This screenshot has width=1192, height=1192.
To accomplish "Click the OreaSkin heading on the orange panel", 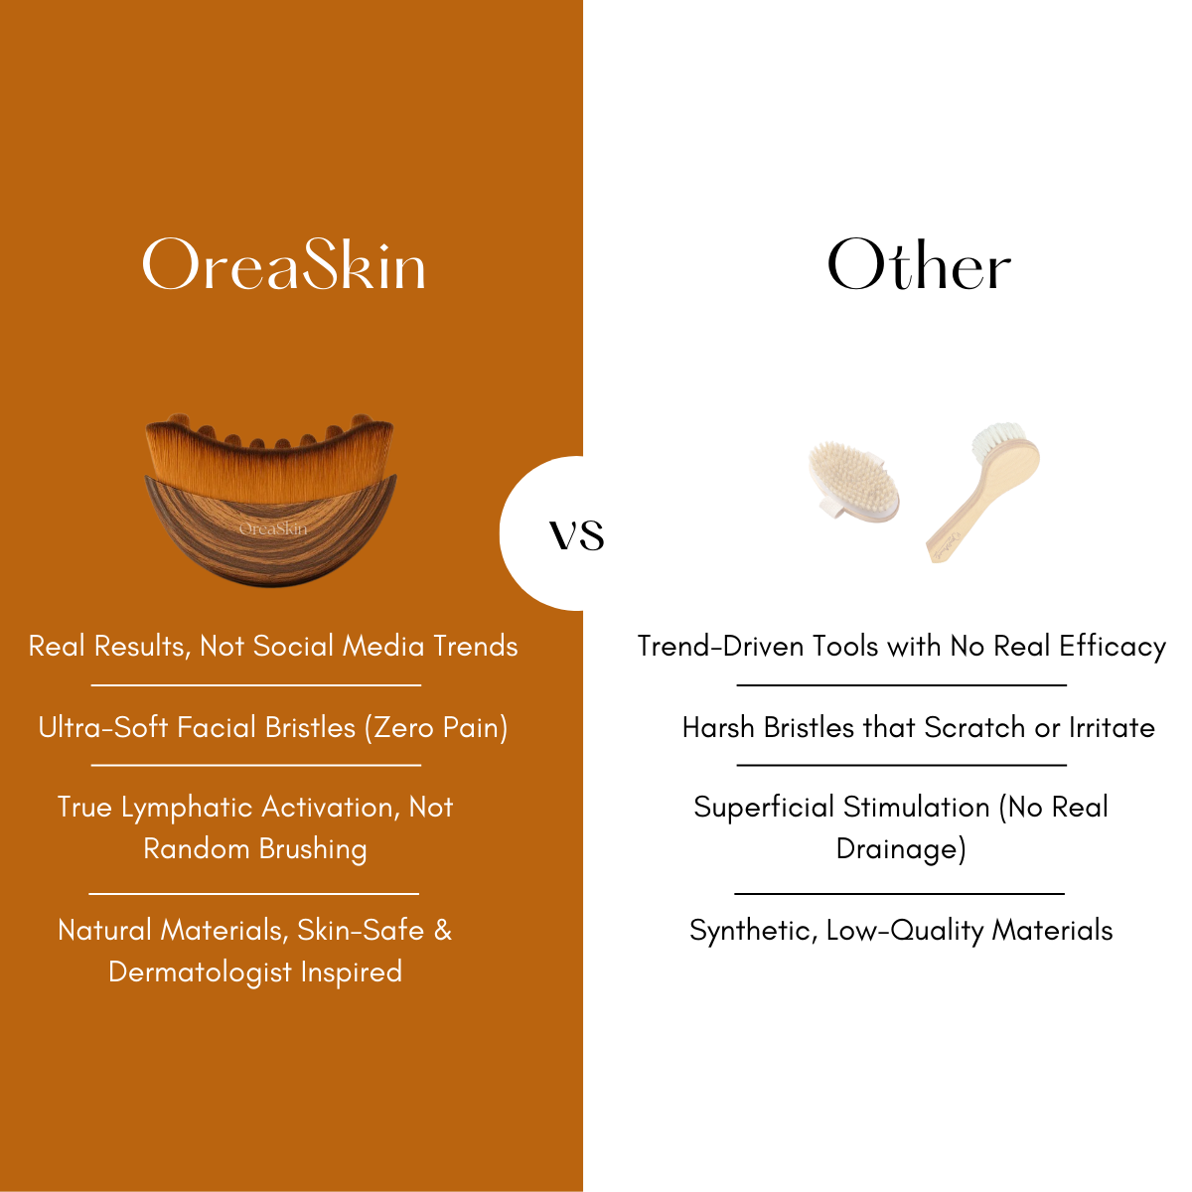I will pyautogui.click(x=284, y=265).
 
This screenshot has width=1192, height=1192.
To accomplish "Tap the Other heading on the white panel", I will pyautogui.click(x=919, y=265).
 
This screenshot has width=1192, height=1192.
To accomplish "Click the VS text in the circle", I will pyautogui.click(x=577, y=535).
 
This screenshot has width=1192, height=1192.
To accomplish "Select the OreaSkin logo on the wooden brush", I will pyautogui.click(x=273, y=528).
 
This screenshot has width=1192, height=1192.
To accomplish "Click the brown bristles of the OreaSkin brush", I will pyautogui.click(x=268, y=457).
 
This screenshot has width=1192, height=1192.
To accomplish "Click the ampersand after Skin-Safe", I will pyautogui.click(x=442, y=931).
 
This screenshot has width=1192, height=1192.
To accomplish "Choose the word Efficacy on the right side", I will pyautogui.click(x=1112, y=647).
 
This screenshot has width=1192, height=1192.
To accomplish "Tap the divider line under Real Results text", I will pyautogui.click(x=256, y=685).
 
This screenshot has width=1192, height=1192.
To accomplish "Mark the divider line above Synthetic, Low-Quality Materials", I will pyautogui.click(x=899, y=894).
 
